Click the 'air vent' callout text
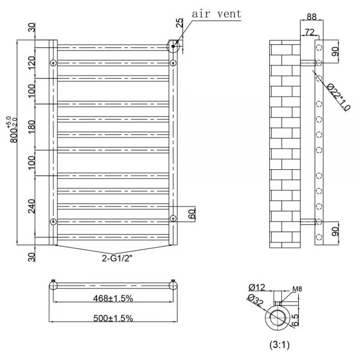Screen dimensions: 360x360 coord(217,14)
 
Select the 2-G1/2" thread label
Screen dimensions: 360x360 coord(117,259)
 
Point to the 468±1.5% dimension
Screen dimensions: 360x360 coord(113,298)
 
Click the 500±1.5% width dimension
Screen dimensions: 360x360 coord(113,318)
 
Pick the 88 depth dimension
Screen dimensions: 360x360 coord(311,17)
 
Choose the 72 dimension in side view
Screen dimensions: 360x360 coord(310,32)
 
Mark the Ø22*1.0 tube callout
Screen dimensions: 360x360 coord(338,97)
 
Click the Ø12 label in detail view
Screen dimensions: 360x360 coord(257,287)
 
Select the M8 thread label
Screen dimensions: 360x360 coord(297,289)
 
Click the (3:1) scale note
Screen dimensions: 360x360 coord(280,344)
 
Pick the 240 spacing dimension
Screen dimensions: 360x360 coord(32,206)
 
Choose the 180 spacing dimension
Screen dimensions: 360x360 coord(32,127)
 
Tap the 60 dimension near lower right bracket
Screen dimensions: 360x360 coord(192,213)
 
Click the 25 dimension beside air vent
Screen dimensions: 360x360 coord(180,23)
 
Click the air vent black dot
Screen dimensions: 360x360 coord(173,46)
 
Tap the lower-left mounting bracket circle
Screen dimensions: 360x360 coord(53,221)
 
